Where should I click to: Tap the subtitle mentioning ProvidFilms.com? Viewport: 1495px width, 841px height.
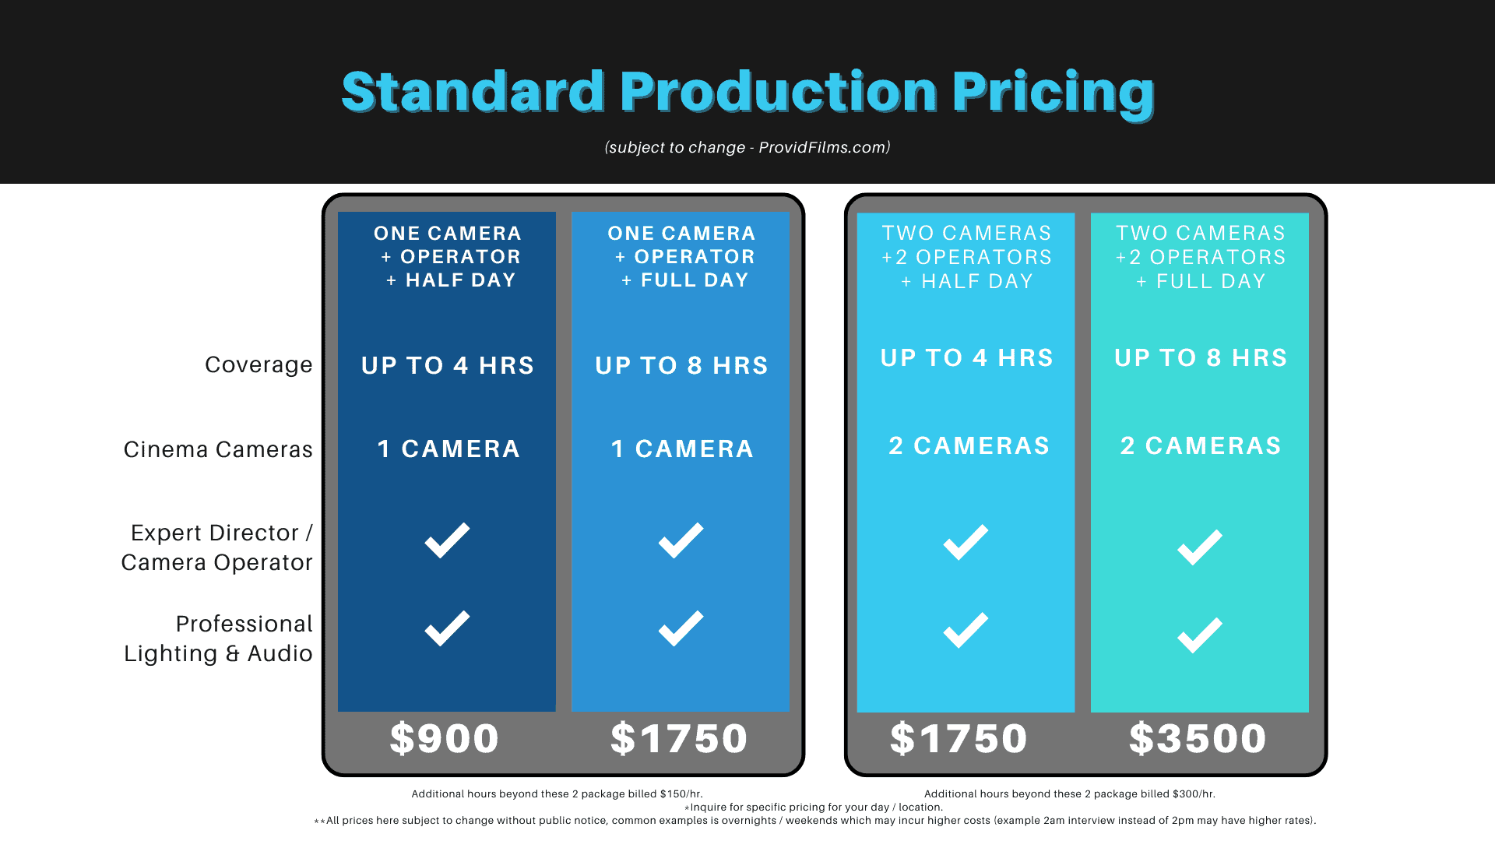tap(747, 147)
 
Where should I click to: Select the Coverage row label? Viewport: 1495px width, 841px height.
tap(259, 365)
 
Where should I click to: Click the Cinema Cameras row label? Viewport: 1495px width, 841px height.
tap(218, 449)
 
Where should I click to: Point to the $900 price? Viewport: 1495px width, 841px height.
tap(445, 738)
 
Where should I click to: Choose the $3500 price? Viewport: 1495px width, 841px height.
tap(1198, 738)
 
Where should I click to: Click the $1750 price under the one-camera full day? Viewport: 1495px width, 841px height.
tap(679, 738)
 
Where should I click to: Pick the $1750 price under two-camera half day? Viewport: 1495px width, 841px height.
tap(959, 738)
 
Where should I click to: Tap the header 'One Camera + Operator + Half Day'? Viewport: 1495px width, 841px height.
tap(448, 256)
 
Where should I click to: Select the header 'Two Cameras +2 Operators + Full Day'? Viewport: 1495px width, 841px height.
tap(1200, 257)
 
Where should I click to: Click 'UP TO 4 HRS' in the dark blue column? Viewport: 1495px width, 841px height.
tap(448, 365)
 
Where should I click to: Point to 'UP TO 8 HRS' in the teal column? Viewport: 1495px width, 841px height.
tap(1201, 357)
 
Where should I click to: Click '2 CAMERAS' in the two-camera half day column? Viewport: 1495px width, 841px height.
tap(969, 445)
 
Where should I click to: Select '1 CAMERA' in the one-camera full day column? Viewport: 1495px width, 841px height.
tap(682, 449)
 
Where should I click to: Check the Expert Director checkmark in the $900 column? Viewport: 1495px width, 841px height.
tap(447, 540)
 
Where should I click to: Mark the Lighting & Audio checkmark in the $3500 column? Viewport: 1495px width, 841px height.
tap(1200, 635)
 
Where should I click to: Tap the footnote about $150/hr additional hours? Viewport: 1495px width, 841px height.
tap(557, 794)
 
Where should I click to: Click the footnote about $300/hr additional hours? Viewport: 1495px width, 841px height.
tap(1070, 794)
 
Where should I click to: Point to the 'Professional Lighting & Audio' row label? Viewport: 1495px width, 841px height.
tap(218, 639)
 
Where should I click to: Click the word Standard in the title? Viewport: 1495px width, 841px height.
tap(473, 93)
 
